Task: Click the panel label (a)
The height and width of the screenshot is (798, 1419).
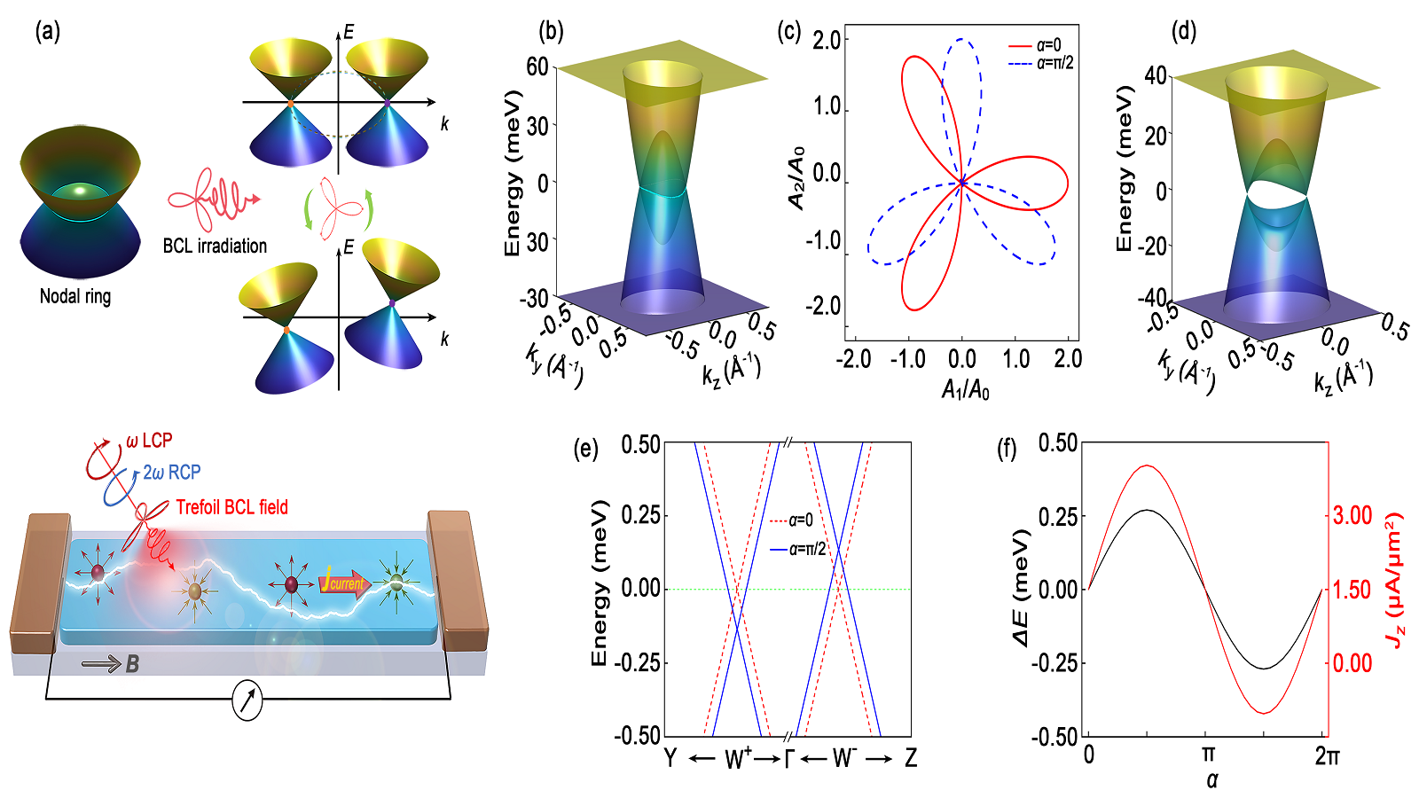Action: pos(48,33)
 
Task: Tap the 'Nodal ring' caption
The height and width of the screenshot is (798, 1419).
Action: pos(75,297)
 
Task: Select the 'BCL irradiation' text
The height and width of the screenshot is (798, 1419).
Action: pos(215,246)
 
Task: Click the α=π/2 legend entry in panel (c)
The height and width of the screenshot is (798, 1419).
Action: pos(1041,63)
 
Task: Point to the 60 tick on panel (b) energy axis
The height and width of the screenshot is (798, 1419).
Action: pos(537,66)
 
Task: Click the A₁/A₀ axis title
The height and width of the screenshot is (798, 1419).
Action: pos(965,389)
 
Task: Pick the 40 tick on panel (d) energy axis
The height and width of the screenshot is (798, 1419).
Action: pos(1156,75)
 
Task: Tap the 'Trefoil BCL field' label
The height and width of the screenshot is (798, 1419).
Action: pos(231,507)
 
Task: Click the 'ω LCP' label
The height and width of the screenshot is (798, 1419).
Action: pos(148,441)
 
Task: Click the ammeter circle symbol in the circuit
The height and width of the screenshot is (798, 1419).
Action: pos(247,700)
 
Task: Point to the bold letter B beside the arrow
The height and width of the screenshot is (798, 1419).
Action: pos(132,663)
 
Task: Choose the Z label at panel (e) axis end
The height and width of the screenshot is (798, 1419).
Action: pos(911,759)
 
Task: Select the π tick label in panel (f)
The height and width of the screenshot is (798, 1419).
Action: pos(1207,755)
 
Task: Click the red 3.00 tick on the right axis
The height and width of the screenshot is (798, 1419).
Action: pos(1352,515)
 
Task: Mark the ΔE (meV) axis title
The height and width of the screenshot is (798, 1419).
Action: pos(1020,589)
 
